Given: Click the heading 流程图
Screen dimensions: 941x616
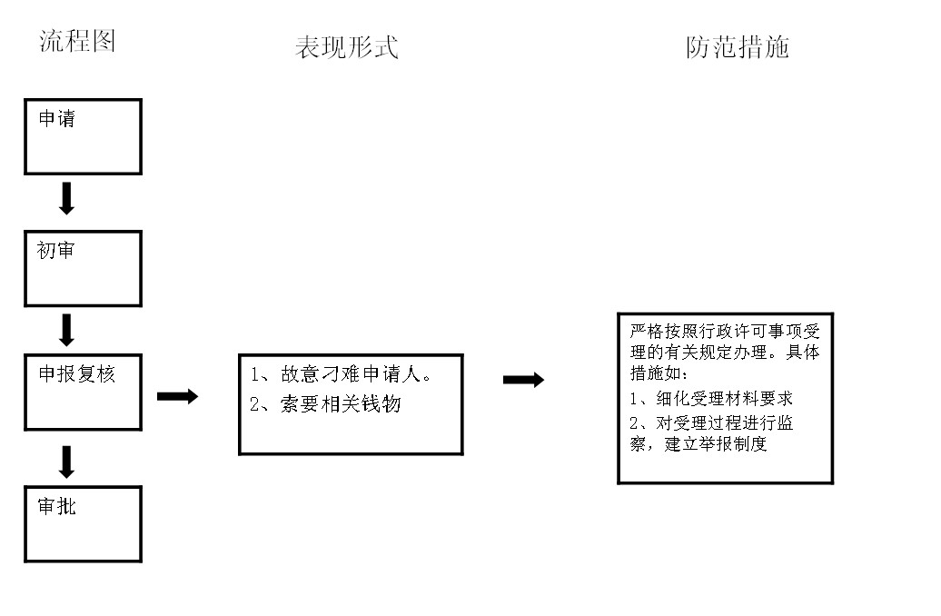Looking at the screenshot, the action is (77, 41).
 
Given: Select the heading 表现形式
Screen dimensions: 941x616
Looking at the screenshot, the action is (346, 47).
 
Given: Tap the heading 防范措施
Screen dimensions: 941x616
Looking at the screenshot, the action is (737, 47).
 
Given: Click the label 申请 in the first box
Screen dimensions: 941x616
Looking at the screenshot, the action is (57, 118).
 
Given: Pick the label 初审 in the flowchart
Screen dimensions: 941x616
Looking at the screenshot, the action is (55, 250).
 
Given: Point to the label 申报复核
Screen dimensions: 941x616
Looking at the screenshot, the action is (77, 374).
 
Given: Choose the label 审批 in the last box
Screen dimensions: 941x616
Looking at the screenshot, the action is (57, 506).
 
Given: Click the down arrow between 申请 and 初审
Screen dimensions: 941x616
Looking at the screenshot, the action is (66, 198).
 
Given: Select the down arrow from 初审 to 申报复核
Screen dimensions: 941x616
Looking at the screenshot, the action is (66, 330).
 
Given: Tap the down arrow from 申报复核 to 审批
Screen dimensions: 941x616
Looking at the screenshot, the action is (66, 462).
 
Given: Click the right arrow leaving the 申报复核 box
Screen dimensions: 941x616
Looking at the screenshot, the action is (178, 396).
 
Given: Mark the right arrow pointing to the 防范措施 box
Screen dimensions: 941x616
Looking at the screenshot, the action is (523, 380).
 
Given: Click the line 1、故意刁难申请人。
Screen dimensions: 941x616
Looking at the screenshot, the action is (341, 374).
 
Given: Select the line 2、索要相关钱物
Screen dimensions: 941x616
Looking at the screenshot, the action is (325, 404).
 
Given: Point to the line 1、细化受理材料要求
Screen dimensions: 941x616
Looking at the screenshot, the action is (711, 398).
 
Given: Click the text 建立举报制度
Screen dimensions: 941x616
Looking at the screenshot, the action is (716, 443).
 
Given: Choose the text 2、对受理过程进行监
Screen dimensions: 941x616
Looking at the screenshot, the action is (711, 422).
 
